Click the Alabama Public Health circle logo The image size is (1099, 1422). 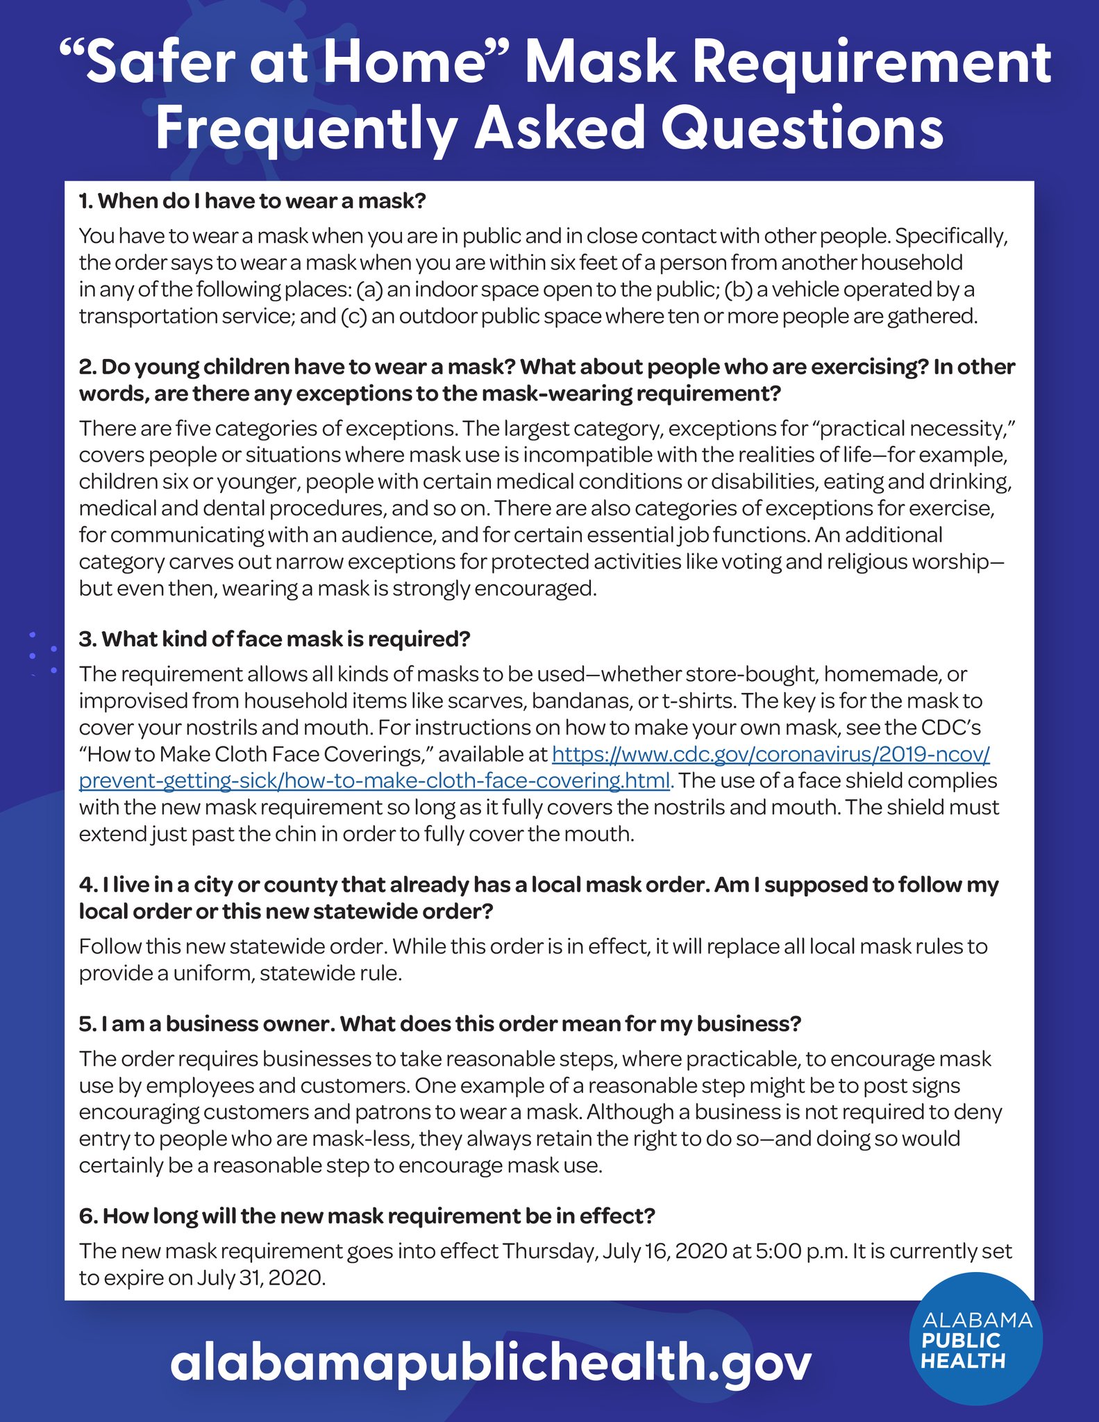pyautogui.click(x=975, y=1339)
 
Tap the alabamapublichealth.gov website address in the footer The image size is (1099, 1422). pyautogui.click(x=490, y=1362)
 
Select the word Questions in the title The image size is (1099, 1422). pyautogui.click(x=802, y=128)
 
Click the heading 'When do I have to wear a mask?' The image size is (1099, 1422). pyautogui.click(x=253, y=201)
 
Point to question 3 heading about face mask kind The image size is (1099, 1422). pyautogui.click(x=275, y=639)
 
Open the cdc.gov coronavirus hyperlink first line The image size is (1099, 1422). pyautogui.click(x=771, y=754)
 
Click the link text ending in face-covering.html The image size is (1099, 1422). pyautogui.click(x=375, y=780)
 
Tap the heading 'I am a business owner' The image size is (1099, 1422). pyautogui.click(x=440, y=1024)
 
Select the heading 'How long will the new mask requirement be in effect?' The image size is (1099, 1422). pyautogui.click(x=367, y=1216)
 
